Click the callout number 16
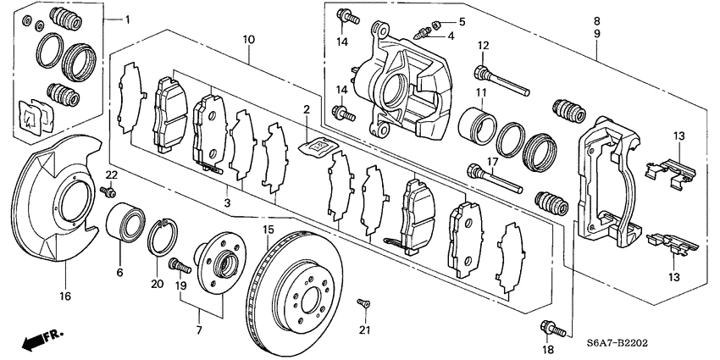tap(65, 296)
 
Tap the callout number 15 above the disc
tap(268, 230)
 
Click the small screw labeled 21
tap(363, 302)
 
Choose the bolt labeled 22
tap(109, 192)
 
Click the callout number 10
tap(248, 39)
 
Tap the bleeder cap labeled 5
tap(437, 23)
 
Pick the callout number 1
tap(128, 19)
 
